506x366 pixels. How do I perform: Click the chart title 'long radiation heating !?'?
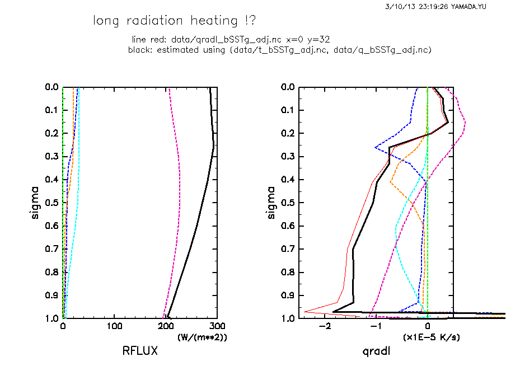click(174, 21)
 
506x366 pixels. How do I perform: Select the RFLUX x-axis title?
click(140, 351)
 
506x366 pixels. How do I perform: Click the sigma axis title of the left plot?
click(35, 203)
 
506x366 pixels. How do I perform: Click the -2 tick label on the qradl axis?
click(323, 326)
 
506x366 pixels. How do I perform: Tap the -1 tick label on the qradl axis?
click(374, 326)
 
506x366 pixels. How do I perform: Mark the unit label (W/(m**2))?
click(202, 337)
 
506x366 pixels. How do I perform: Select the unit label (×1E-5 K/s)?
click(432, 337)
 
